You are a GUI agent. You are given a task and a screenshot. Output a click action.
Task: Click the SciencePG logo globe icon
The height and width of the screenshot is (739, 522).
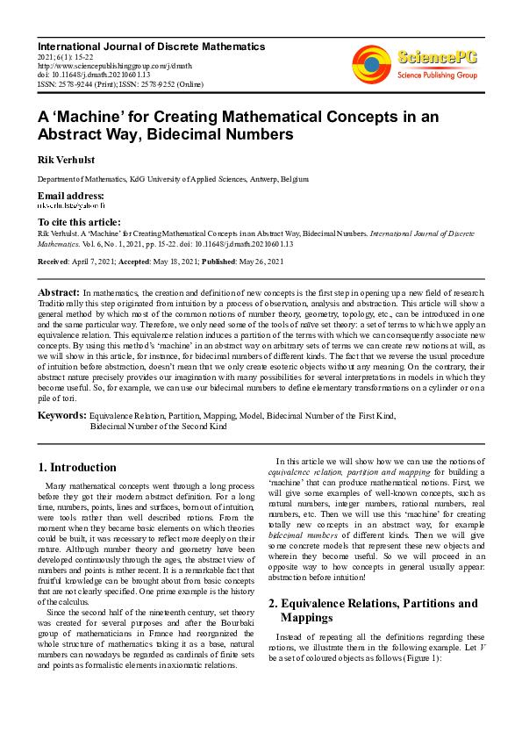(371, 64)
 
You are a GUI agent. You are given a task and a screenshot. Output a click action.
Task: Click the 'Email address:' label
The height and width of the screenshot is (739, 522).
(71, 196)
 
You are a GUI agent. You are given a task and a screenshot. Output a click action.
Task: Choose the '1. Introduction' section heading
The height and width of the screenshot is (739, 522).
(78, 468)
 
